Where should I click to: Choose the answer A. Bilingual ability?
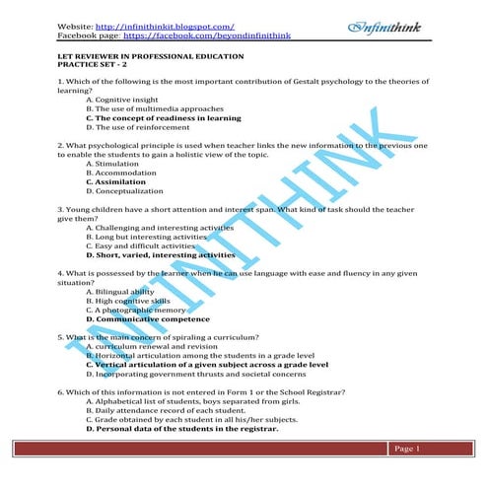tap(119, 292)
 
